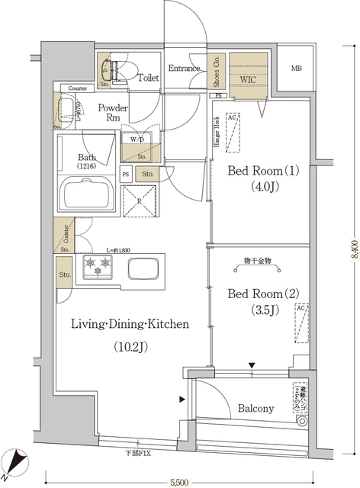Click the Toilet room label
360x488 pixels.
[148, 77]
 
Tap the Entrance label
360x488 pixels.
[184, 69]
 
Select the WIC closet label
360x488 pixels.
[249, 78]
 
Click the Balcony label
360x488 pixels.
[255, 409]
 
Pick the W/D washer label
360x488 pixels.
[138, 140]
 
